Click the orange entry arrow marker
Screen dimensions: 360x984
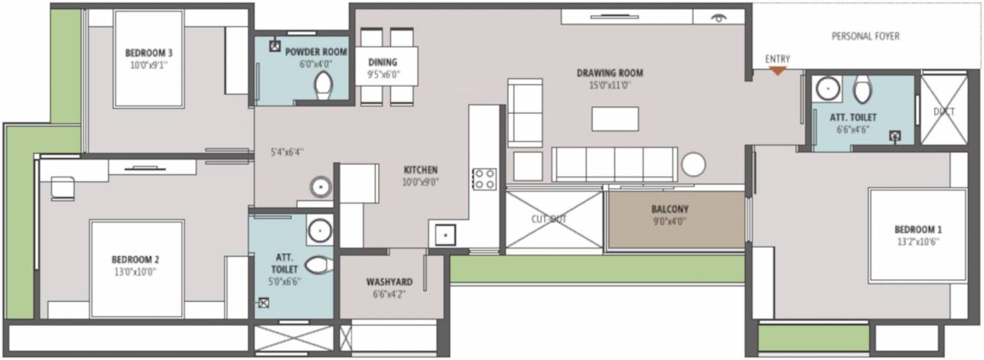[x=777, y=71]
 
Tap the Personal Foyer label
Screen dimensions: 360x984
[x=865, y=36]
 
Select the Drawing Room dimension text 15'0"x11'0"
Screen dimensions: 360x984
[x=610, y=85]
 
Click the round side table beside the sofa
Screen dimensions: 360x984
[x=693, y=164]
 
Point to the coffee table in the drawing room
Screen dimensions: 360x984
[x=615, y=119]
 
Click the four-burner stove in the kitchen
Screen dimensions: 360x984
[x=484, y=179]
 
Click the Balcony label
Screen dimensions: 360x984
[x=670, y=209]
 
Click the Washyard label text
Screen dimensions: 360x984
[x=390, y=282]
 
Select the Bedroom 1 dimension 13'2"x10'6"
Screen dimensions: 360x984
[x=917, y=241]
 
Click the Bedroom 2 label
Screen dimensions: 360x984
[x=136, y=259]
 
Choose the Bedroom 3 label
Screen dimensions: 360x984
[x=149, y=52]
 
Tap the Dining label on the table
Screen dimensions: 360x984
[x=382, y=63]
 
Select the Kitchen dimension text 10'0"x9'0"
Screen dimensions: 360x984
[x=421, y=182]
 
